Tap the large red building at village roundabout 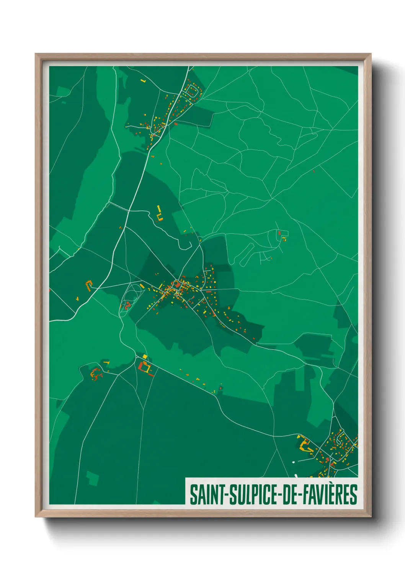[176, 284]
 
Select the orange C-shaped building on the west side [89, 285]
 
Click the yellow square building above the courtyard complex [145, 357]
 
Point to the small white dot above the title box [294, 462]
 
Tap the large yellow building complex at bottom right [306, 446]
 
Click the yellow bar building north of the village [158, 209]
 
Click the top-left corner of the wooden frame [36, 54]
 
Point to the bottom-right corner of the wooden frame [370, 516]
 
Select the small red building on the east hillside [279, 233]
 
